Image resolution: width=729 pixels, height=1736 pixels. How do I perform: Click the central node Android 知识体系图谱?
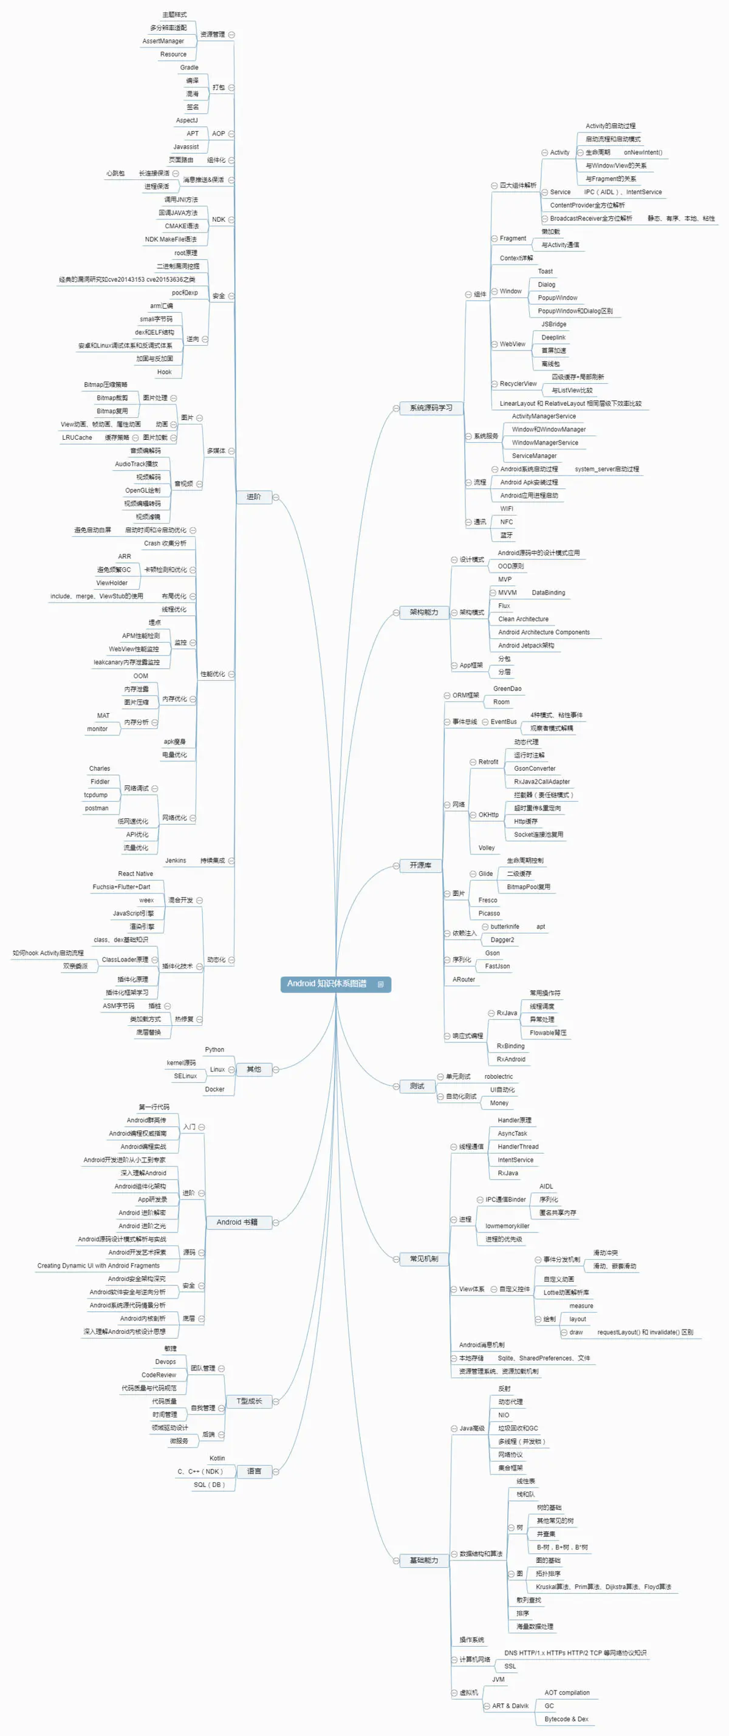327,984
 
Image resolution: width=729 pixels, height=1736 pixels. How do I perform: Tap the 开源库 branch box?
420,866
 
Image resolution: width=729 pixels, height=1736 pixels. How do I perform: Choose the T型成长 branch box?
248,1401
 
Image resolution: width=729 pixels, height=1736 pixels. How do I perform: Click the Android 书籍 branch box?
236,1222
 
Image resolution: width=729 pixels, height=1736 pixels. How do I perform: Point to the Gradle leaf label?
190,67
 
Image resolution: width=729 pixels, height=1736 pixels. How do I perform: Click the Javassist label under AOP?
186,147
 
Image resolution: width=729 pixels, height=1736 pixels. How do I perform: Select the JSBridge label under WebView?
554,324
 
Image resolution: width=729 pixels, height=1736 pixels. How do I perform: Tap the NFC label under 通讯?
507,522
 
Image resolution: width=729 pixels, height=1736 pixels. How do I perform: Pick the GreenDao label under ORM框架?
507,689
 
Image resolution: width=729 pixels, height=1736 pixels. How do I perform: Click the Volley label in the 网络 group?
487,848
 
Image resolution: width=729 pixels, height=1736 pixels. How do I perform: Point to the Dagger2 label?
502,940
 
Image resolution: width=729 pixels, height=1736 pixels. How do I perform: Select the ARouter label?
464,979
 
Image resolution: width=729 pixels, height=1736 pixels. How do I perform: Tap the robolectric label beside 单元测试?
499,1077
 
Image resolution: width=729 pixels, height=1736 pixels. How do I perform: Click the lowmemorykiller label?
507,1226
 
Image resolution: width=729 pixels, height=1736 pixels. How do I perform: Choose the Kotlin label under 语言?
217,1458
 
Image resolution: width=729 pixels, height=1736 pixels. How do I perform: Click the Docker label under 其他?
215,1089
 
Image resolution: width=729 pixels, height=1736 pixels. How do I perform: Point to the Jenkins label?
175,861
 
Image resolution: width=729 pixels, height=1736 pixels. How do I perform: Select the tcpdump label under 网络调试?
95,795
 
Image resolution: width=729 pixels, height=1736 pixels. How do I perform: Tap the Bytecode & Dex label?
566,1719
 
